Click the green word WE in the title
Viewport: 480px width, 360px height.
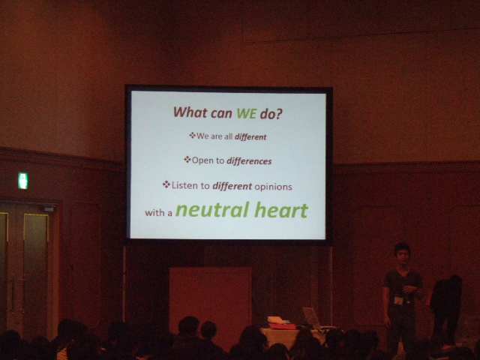(247, 113)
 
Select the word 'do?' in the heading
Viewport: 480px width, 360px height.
(271, 114)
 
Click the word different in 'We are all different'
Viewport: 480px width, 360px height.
(250, 136)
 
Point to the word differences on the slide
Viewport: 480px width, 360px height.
(249, 161)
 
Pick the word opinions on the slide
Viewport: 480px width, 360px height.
(273, 187)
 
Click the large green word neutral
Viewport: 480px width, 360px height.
(212, 210)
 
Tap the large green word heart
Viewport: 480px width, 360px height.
(281, 210)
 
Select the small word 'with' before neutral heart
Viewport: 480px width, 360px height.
(154, 212)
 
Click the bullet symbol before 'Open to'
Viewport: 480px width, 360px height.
(187, 160)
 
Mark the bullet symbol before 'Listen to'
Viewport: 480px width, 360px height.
(166, 184)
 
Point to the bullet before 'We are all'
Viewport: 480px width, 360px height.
(192, 135)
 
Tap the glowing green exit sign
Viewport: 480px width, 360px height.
(23, 181)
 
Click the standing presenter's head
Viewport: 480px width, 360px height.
(402, 253)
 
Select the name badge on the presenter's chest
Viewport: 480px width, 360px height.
(398, 300)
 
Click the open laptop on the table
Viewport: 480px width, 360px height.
(312, 318)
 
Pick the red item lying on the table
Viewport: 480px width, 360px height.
(282, 326)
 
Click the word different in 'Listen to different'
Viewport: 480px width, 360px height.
(232, 186)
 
